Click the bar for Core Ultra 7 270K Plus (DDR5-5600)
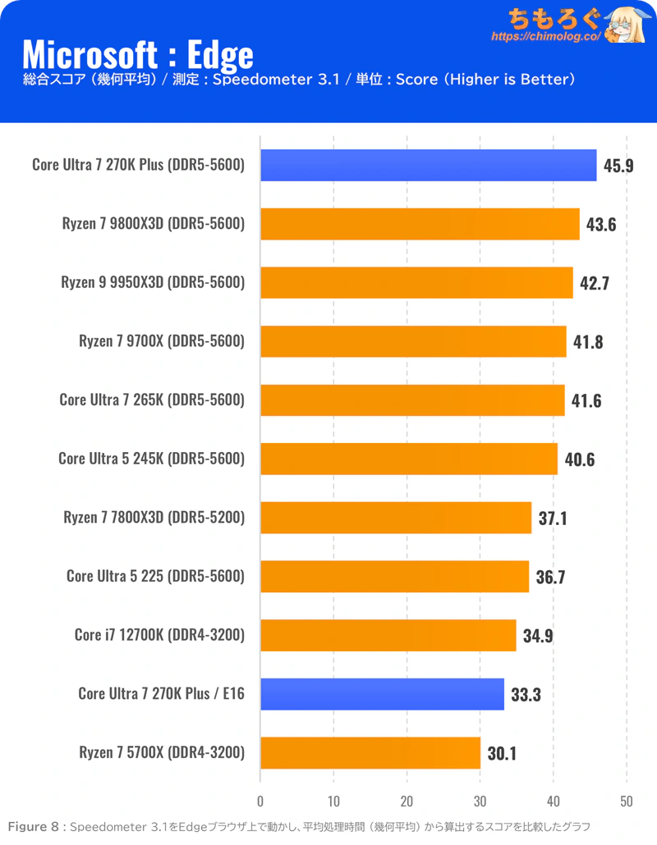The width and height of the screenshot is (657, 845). click(x=428, y=165)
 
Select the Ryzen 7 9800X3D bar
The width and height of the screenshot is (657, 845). click(x=420, y=223)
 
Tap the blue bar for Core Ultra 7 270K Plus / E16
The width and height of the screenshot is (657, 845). click(x=382, y=693)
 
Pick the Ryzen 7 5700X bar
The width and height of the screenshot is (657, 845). click(x=370, y=752)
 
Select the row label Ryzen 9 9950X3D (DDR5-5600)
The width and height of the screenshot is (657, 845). click(x=153, y=282)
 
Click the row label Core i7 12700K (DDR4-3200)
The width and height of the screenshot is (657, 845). click(x=159, y=635)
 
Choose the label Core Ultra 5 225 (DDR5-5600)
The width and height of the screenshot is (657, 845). click(x=155, y=576)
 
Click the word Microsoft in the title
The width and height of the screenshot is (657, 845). click(x=90, y=54)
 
